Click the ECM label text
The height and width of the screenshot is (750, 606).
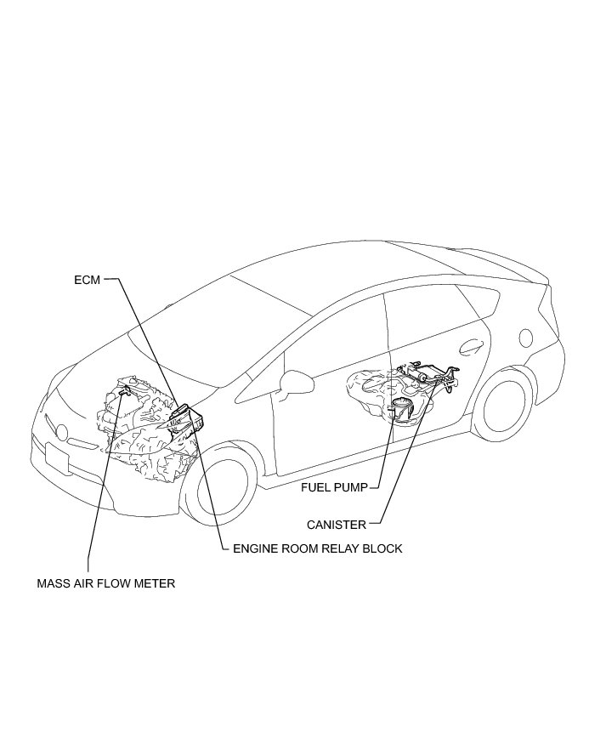click(x=88, y=279)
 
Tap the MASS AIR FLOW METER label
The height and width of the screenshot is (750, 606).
click(x=106, y=584)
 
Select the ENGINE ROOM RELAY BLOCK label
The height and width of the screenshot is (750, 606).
click(x=317, y=548)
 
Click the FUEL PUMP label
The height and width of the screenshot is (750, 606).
click(x=334, y=488)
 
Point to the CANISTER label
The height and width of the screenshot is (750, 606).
click(x=337, y=525)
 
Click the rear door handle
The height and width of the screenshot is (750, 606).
click(x=468, y=345)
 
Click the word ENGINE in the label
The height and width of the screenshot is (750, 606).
click(x=256, y=548)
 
